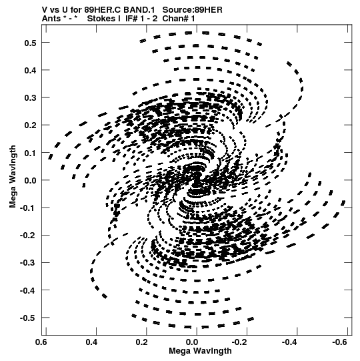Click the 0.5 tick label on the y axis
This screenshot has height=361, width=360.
(30, 43)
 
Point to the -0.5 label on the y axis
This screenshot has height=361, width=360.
(28, 318)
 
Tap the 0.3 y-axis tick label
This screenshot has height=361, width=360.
(30, 98)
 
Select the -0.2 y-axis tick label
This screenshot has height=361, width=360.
(28, 236)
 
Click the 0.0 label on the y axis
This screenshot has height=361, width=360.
(30, 180)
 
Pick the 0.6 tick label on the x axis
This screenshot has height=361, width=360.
(41, 342)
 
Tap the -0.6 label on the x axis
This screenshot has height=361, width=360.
(339, 342)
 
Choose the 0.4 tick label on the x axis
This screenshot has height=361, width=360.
(91, 342)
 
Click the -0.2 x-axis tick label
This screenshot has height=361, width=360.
(239, 342)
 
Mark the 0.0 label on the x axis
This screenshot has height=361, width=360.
(192, 342)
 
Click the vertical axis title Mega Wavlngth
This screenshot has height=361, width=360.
(13, 177)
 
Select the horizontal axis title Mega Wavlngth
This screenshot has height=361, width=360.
(200, 351)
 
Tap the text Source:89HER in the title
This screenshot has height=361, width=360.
(192, 10)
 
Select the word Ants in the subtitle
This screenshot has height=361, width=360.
(51, 19)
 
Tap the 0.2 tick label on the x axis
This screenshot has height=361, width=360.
(142, 342)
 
